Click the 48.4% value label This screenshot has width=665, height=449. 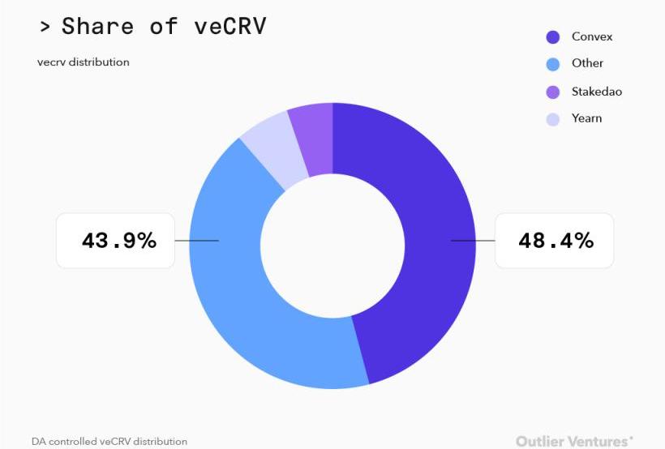click(555, 240)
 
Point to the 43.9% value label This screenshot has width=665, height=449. click(118, 240)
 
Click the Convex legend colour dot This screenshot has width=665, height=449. click(553, 37)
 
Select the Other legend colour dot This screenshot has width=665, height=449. click(553, 65)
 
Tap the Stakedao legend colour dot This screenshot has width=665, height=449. click(553, 92)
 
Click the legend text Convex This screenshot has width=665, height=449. click(592, 36)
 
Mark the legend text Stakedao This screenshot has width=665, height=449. click(596, 92)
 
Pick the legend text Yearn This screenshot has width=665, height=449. click(586, 118)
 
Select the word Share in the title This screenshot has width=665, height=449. click(98, 26)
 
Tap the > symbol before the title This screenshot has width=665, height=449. click(45, 26)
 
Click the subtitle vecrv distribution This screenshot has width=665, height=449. click(83, 62)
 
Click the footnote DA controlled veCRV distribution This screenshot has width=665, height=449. click(109, 442)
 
